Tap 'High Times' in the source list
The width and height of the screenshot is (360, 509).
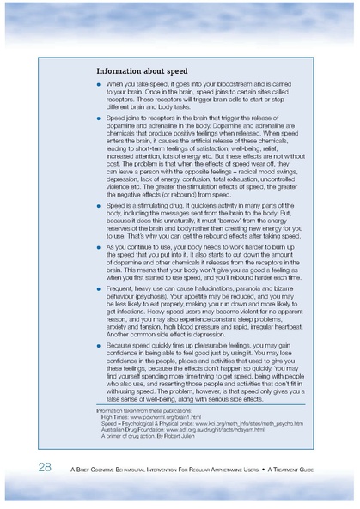point(118,417)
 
